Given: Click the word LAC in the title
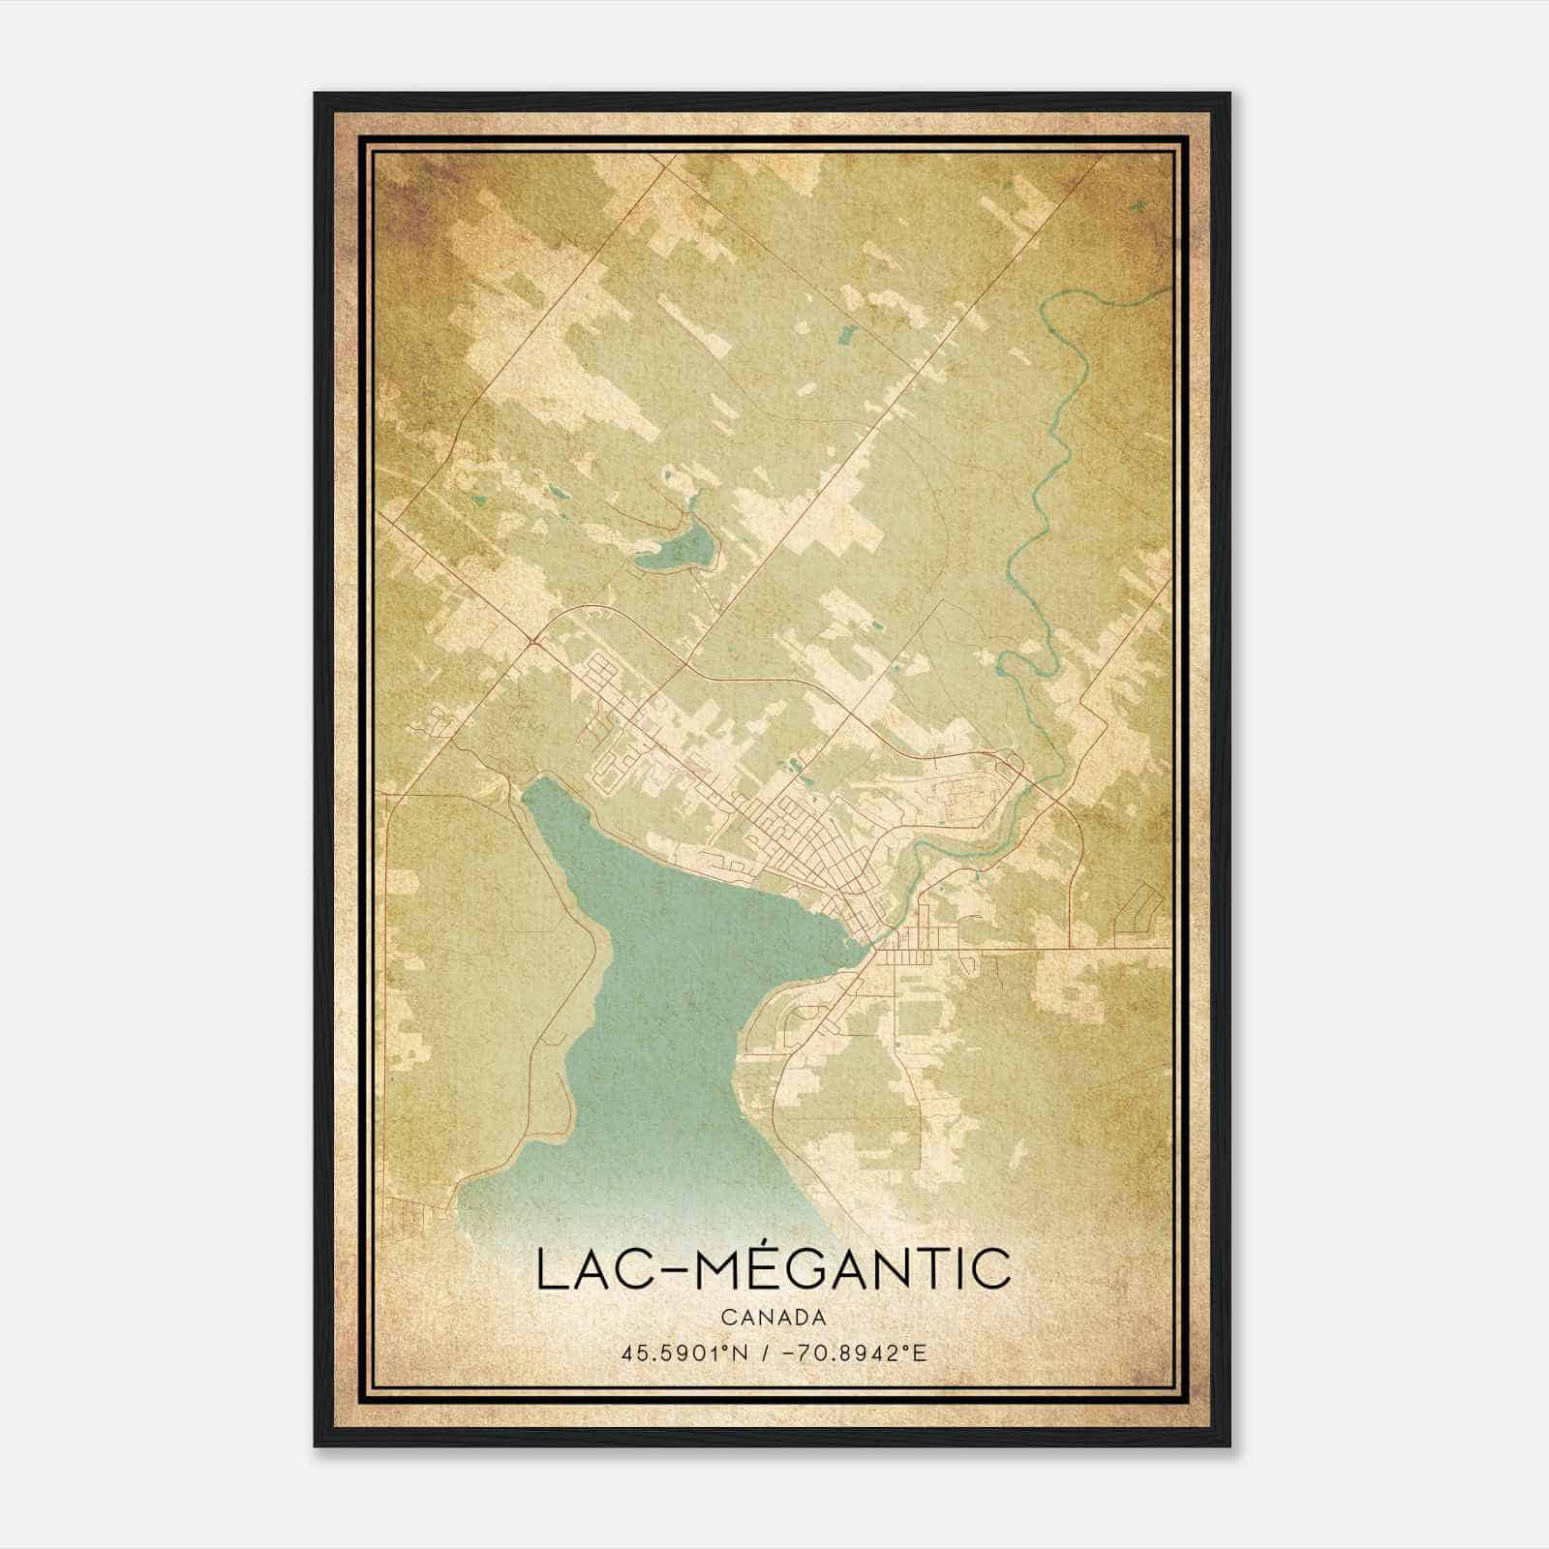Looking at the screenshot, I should coord(592,1270).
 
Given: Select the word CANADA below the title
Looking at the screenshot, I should coord(774,1318).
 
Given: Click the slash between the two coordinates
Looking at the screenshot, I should coord(766,1352).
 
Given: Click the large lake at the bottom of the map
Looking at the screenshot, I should coord(678,1017).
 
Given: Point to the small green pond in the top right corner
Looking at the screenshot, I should coord(1137,206).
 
